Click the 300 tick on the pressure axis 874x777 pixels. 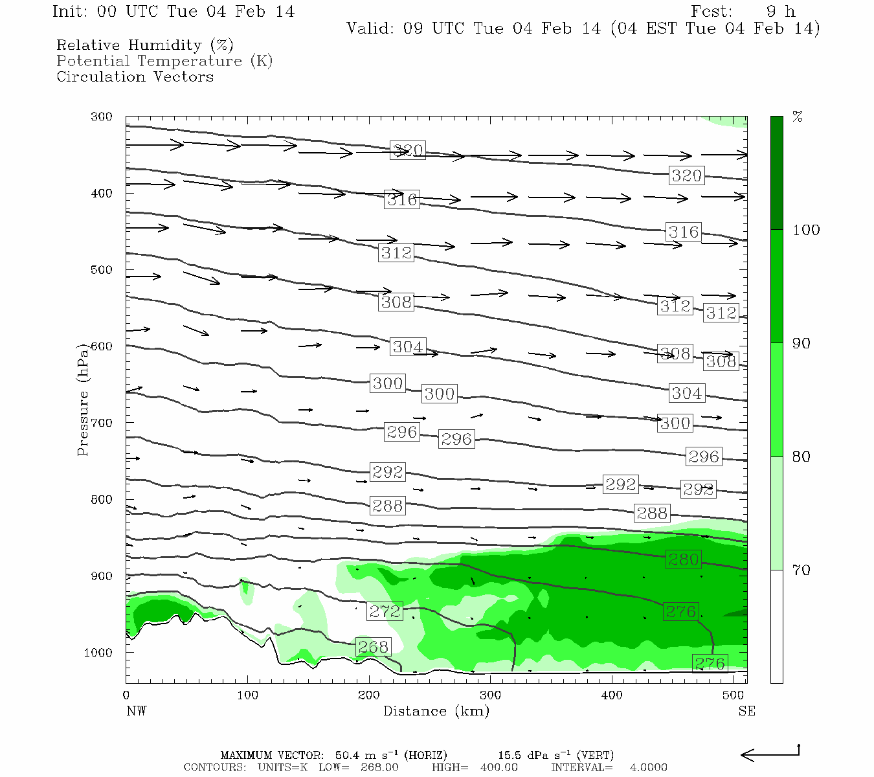[102, 117]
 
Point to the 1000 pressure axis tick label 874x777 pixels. [98, 653]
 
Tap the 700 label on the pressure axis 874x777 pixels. [102, 423]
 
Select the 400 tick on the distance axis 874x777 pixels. [612, 695]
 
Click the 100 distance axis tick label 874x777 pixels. [247, 695]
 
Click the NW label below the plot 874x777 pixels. [136, 711]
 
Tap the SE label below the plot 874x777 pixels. [746, 711]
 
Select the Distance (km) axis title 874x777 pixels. [436, 711]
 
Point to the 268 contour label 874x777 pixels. [373, 646]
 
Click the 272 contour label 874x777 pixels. [385, 611]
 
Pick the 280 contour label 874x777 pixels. [683, 559]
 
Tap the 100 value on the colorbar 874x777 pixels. [806, 230]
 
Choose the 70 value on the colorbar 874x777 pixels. [801, 570]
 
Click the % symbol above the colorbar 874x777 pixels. [798, 117]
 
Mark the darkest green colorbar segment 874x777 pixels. [776, 173]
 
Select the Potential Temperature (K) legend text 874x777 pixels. [164, 61]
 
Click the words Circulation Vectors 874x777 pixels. [135, 76]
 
